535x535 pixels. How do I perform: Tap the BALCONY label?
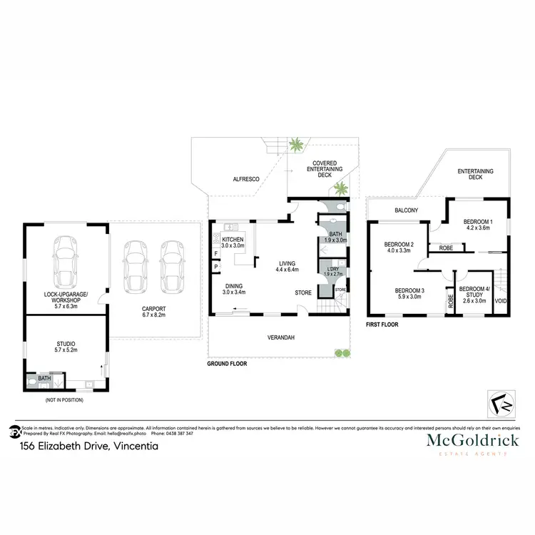point(406,210)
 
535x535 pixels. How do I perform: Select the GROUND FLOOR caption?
point(227,363)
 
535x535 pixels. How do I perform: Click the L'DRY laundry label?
point(329,272)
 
